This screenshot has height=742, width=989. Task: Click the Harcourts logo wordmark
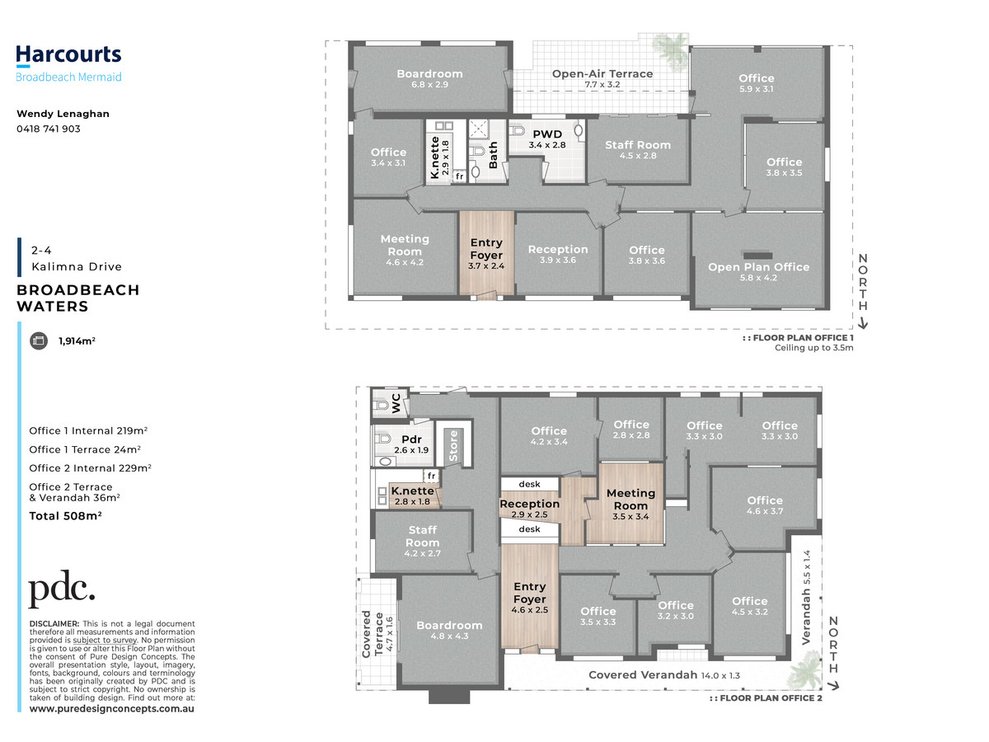[68, 55]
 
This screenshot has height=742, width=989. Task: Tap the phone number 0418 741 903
[48, 129]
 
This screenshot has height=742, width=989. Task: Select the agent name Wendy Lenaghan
[63, 114]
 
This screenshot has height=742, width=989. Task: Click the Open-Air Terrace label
[602, 78]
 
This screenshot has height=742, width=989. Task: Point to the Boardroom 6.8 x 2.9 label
[429, 78]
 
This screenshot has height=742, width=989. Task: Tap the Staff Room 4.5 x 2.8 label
[638, 149]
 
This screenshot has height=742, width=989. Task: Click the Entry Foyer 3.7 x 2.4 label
[486, 254]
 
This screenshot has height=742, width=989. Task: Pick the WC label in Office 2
[396, 403]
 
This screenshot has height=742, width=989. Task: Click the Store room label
[453, 445]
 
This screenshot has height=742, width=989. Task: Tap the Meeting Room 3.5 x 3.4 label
[630, 505]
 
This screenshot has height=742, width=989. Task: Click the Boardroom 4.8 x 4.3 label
[449, 630]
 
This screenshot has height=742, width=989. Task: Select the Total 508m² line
[65, 516]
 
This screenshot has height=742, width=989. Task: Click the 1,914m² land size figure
[77, 341]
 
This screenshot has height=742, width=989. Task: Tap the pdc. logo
[62, 588]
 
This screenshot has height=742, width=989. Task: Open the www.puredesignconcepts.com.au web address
[112, 709]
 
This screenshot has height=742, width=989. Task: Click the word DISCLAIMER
[54, 624]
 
